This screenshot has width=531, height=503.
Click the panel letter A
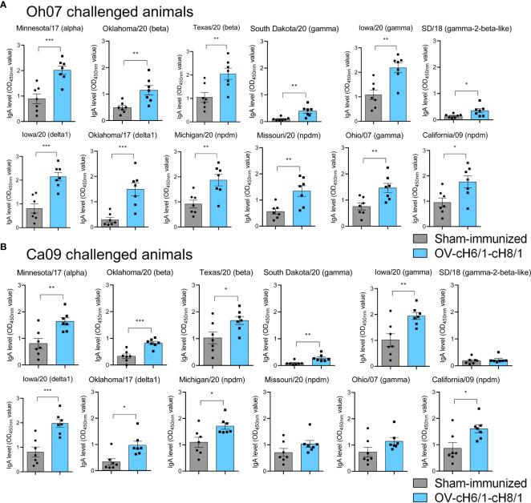[6, 6]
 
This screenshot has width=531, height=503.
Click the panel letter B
[6, 258]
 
